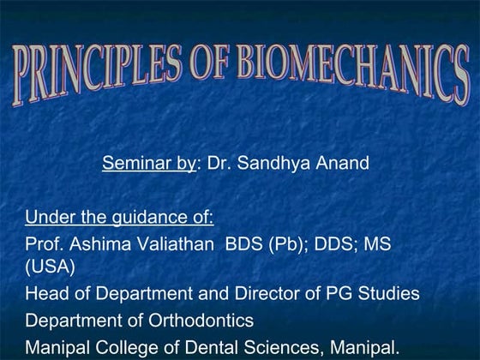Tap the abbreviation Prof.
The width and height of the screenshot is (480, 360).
pyautogui.click(x=44, y=244)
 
